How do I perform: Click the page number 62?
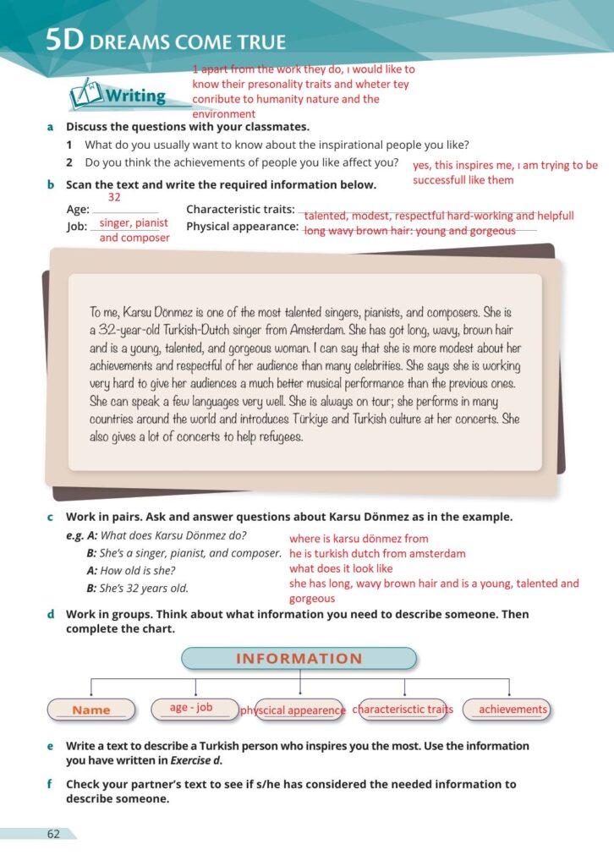coord(53,834)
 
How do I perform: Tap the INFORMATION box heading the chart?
coord(299,659)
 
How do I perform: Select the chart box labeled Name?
coord(91,710)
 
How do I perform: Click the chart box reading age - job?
coord(191,708)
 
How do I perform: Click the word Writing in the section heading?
coord(135,96)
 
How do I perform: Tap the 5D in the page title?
coord(63,41)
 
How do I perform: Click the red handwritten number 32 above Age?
coord(114,197)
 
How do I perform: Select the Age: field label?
coord(78,210)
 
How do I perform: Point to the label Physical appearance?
coord(242,227)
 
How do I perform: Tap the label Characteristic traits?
coord(240,210)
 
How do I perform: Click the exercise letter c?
coord(51,517)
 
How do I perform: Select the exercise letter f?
coord(51,784)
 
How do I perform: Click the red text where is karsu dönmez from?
coord(359,539)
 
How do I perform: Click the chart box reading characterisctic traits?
coord(403,710)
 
